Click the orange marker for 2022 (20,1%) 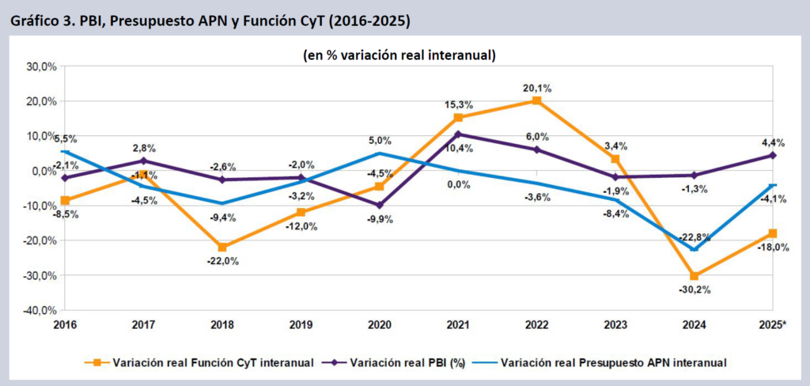(x=537, y=100)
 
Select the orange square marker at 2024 (x=695, y=276)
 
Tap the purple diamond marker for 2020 (x=380, y=205)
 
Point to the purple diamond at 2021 (x=458, y=134)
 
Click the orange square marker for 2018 (x=222, y=248)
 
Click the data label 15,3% (x=458, y=104)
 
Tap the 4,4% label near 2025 (x=773, y=143)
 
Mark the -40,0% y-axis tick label (x=37, y=310)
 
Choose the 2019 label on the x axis (x=301, y=325)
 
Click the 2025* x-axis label (x=770, y=325)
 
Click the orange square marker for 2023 (x=615, y=159)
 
